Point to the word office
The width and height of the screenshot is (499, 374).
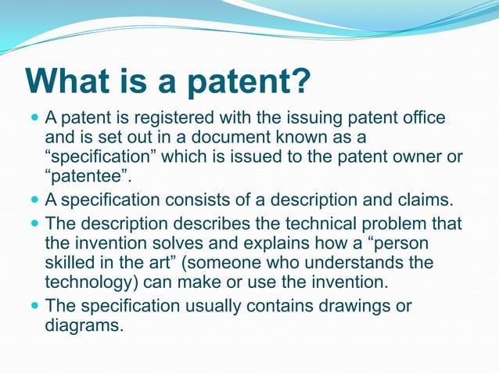coord(420,118)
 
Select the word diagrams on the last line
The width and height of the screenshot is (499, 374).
coord(84,325)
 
